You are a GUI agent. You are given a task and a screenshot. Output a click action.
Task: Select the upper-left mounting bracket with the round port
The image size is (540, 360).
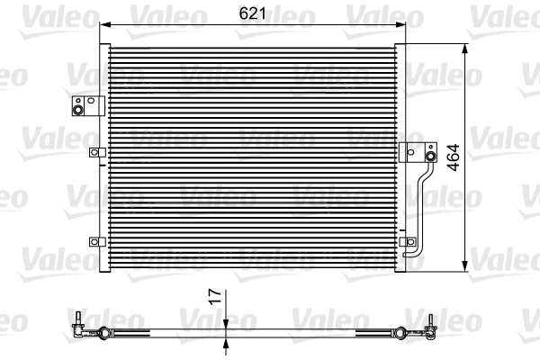(78, 106)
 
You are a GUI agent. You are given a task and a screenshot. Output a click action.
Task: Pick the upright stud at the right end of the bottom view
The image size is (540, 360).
(432, 319)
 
